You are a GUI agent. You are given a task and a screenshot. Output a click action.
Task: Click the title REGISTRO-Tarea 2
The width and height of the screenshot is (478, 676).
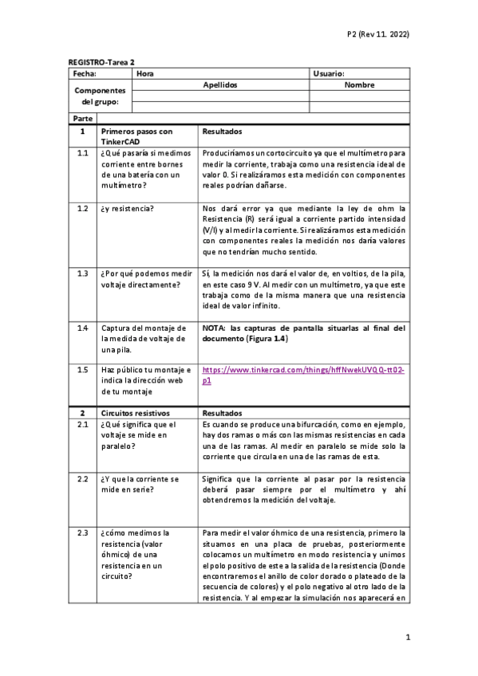click(x=101, y=61)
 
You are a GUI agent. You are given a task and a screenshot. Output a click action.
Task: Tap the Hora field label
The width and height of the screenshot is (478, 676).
click(x=145, y=73)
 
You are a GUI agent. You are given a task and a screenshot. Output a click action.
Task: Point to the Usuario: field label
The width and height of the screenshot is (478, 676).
click(x=329, y=73)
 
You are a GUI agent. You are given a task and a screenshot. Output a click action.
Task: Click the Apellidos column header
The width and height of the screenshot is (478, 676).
click(x=221, y=84)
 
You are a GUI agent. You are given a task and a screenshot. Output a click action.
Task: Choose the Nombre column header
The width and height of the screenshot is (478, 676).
click(x=359, y=84)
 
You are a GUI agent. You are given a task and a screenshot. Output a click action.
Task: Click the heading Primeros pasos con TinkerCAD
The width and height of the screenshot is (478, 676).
click(x=136, y=136)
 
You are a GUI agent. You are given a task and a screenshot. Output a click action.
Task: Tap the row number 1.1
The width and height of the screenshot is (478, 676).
click(x=82, y=152)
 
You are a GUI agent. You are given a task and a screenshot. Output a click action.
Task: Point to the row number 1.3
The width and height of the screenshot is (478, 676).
click(x=82, y=273)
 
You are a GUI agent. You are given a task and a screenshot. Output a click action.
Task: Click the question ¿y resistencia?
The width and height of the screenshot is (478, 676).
click(x=128, y=208)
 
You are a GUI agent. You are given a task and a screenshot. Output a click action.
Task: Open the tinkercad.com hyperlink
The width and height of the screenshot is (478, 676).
click(x=303, y=375)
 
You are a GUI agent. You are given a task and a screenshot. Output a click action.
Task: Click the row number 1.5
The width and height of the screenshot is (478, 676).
click(x=82, y=371)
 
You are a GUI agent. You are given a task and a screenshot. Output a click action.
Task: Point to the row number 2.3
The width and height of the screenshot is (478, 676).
click(x=82, y=533)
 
